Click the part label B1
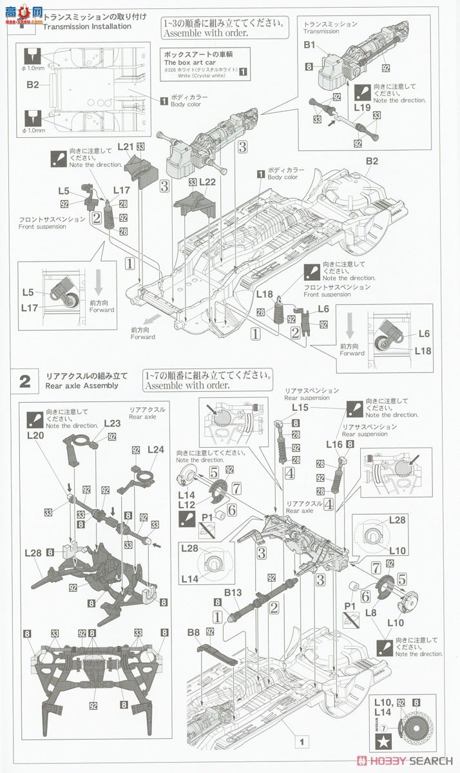pos(310,46)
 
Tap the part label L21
pos(126,148)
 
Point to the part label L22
pos(207,182)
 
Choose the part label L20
pos(35,435)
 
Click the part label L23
pos(112,424)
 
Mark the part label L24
pos(157,449)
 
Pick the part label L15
pos(300,408)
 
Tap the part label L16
pos(335,444)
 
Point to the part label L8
pos(370,613)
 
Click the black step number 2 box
pos(24,381)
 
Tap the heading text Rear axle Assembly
pos(82,386)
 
